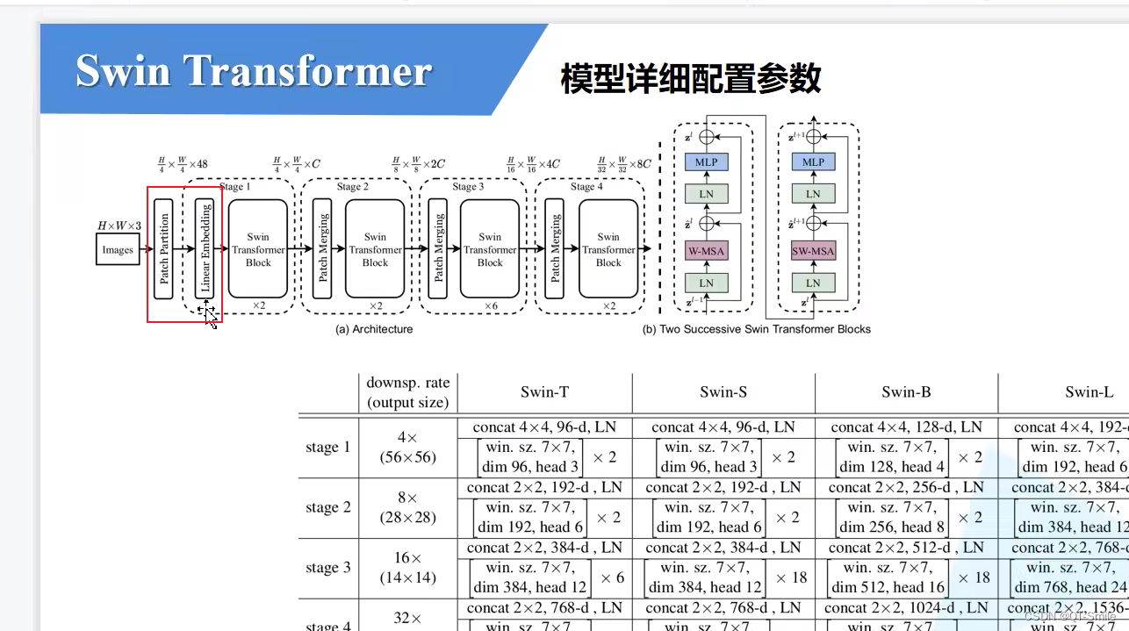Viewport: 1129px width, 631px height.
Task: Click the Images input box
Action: [118, 250]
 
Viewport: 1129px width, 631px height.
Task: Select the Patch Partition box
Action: [163, 248]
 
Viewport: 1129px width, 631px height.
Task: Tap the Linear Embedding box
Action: [205, 248]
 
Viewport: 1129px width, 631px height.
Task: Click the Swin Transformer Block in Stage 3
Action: [490, 249]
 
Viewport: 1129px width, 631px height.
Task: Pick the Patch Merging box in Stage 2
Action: [322, 248]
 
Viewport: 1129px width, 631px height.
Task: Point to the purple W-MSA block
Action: [707, 251]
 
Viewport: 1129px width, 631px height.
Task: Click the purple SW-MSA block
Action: [813, 251]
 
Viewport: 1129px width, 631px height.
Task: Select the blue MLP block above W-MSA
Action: [707, 161]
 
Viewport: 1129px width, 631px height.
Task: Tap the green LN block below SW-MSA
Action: [813, 283]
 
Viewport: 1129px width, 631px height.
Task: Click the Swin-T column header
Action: [544, 392]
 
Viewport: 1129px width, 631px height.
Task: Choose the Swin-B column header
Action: [906, 392]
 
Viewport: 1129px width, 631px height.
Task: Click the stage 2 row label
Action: [327, 507]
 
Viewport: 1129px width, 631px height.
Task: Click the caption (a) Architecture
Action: [374, 329]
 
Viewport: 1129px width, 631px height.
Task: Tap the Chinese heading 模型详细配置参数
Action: [691, 79]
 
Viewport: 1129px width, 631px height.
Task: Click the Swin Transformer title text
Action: [254, 71]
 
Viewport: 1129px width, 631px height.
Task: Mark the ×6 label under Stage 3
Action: [492, 305]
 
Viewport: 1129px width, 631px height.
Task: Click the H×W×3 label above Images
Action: [119, 226]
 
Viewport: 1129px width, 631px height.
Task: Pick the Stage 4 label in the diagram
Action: [586, 186]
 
